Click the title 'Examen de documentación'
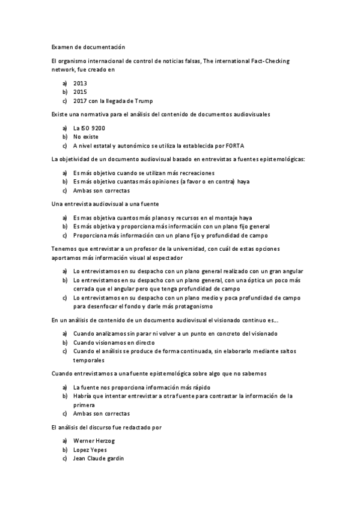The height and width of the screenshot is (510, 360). point(88,46)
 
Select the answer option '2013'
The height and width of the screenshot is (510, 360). point(80,84)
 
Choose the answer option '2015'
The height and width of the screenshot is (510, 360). point(80,92)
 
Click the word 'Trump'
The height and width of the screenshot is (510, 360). point(144,101)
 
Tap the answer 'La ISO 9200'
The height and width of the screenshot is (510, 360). point(89,129)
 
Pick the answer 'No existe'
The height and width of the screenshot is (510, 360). point(85,137)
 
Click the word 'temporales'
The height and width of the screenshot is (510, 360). point(89,360)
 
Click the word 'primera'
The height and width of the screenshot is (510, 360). point(84,405)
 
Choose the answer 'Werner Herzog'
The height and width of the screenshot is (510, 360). point(94,441)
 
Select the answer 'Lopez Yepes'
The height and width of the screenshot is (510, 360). point(90,450)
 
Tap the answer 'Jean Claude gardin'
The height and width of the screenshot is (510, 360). point(98,459)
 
